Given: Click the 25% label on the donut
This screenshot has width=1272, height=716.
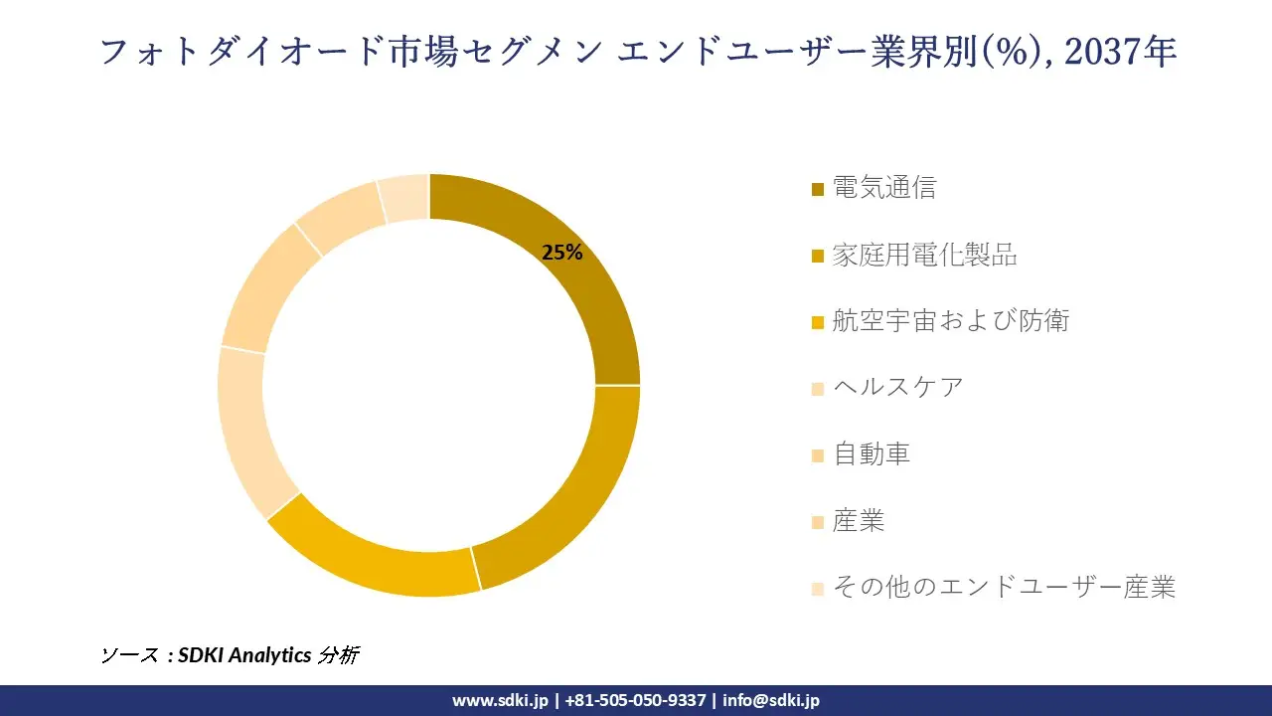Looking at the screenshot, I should point(561,253).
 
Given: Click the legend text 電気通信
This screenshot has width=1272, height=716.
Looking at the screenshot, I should point(883,188).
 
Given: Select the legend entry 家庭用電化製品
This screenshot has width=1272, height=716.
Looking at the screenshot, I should point(924,255).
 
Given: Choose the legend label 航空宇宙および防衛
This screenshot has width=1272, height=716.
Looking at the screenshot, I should point(950,320).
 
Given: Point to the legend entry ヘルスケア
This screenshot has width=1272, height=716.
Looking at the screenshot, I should point(897,387).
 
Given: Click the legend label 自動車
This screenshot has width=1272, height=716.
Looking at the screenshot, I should point(872,453).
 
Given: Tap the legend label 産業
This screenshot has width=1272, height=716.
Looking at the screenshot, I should point(859,520).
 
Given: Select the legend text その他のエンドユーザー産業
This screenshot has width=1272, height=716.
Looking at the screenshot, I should point(1004,587).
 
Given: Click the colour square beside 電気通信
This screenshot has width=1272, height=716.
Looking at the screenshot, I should point(818,189).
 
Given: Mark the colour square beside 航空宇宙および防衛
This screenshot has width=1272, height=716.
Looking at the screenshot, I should point(818,322).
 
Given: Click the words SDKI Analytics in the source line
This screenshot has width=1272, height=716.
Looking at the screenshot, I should point(244,655).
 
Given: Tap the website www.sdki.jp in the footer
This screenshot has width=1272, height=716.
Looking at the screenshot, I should point(500,700).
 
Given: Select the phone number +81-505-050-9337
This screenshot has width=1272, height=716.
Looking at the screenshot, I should point(635,700).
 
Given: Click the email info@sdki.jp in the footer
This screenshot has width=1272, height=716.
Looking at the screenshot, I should point(771,700).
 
